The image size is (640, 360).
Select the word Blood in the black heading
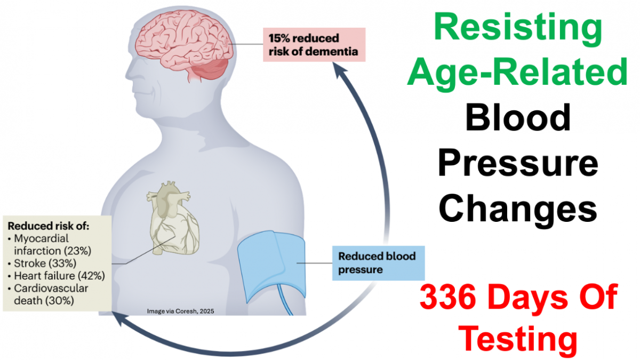click(518, 117)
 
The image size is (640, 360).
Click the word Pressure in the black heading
click(518, 163)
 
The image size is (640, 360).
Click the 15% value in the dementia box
click(279, 38)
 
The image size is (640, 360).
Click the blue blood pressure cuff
click(271, 266)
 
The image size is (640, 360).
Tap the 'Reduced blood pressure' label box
click(378, 263)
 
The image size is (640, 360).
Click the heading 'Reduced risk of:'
click(49, 226)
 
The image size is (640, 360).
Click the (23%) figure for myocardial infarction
click(77, 251)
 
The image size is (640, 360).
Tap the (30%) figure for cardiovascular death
click(60, 301)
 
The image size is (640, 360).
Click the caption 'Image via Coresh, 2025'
click(181, 311)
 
